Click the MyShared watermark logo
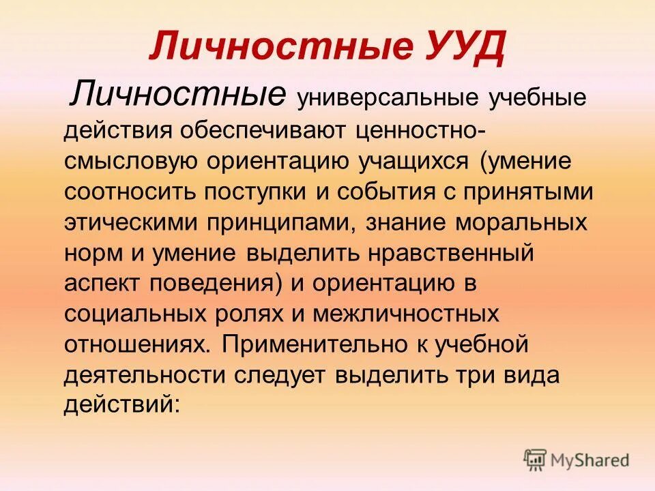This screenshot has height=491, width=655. point(576,460)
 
